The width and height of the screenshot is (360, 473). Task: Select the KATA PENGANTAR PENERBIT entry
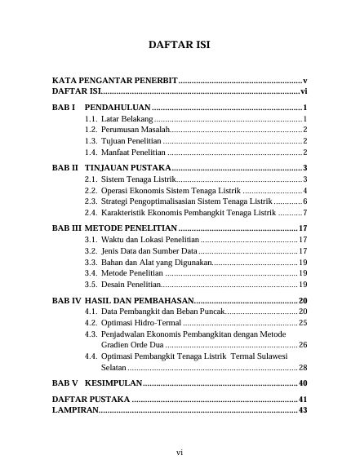[114, 82]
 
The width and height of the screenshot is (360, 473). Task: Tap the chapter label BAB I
[64, 108]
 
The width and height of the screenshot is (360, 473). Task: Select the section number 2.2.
[91, 190]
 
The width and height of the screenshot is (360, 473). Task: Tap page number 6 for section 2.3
[304, 201]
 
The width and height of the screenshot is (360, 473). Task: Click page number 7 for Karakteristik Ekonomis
[304, 212]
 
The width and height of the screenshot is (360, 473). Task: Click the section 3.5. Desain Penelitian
[122, 285]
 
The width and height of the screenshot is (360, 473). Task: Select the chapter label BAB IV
[66, 301]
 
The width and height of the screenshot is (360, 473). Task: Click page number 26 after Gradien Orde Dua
[302, 345]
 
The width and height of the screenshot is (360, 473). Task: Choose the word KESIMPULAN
[114, 383]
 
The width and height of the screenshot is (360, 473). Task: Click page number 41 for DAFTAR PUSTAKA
[301, 399]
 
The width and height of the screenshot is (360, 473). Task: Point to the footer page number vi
[179, 451]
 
